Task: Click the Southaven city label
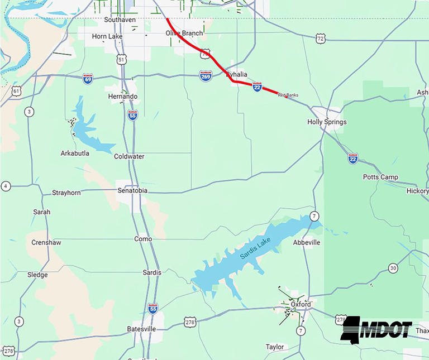[x=120, y=20]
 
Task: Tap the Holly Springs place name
[x=327, y=122]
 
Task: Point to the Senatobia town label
[x=134, y=190]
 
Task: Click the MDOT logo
[x=376, y=329]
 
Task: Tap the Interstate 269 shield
[x=206, y=75]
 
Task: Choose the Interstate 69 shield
[x=88, y=79]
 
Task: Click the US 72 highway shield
[x=320, y=39]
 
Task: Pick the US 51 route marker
[x=122, y=59]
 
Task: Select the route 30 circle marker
[x=393, y=268]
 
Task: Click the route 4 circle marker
[x=6, y=186]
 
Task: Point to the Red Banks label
[x=288, y=95]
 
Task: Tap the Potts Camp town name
[x=380, y=177]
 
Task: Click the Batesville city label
[x=141, y=329]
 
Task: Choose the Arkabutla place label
[x=75, y=153]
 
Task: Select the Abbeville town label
[x=307, y=243]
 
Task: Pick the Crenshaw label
[x=46, y=243]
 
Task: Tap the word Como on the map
[x=143, y=239]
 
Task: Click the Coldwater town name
[x=129, y=156]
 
